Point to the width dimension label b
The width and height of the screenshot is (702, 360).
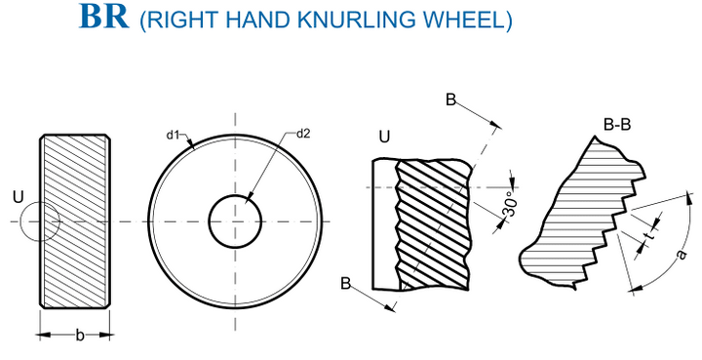click(78, 335)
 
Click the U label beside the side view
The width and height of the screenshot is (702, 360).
click(18, 199)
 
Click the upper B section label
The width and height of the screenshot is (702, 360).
click(450, 100)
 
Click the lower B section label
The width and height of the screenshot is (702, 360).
click(345, 284)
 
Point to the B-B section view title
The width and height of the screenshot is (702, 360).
click(619, 125)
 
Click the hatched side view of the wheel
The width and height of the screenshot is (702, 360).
click(76, 221)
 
